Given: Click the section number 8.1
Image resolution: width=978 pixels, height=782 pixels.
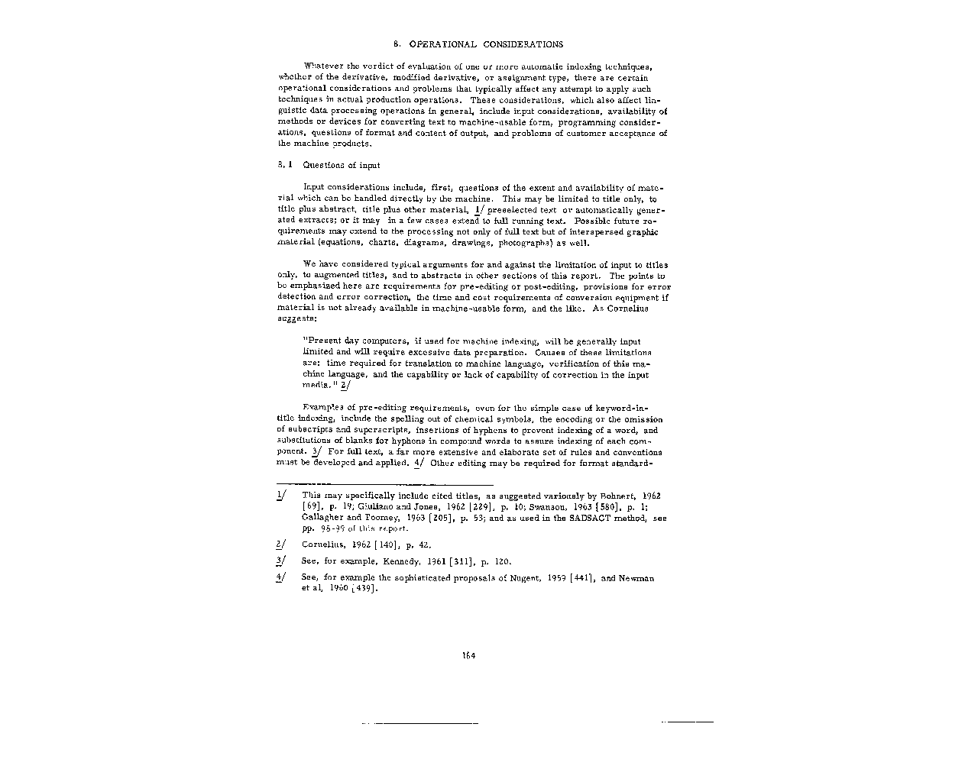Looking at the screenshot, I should point(283,165).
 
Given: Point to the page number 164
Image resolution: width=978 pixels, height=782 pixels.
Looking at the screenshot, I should point(468,655).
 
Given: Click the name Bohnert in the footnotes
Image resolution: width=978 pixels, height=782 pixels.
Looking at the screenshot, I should point(622,496).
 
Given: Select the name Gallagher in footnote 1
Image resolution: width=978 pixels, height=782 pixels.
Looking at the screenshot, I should point(322,518).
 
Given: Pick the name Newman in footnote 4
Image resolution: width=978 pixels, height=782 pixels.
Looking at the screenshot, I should point(636,578).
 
